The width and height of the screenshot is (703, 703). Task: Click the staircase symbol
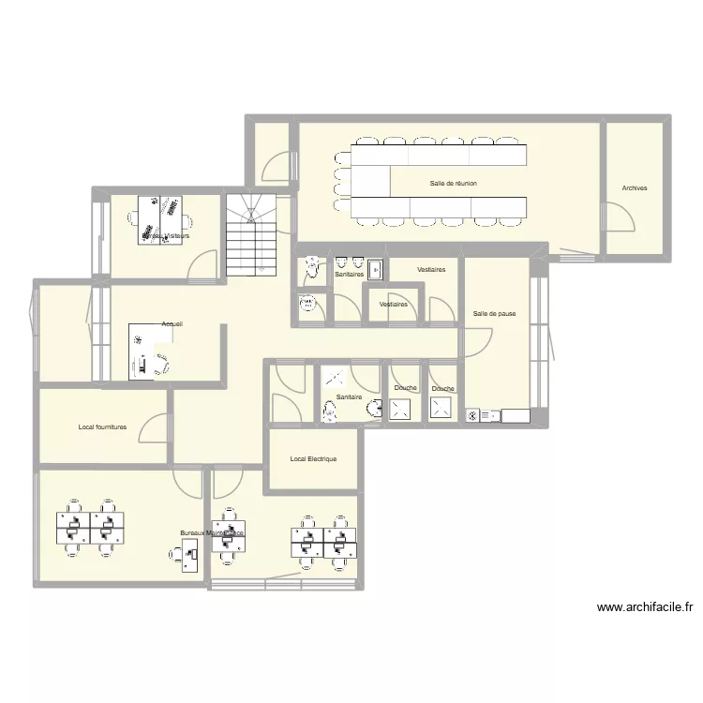252,235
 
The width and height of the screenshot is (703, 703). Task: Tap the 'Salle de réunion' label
454,184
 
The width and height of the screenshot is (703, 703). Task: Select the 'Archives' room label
635,188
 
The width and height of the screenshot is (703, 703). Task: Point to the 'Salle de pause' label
494,314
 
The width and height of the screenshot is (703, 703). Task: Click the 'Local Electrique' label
313,459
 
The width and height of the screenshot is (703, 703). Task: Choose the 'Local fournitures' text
102,427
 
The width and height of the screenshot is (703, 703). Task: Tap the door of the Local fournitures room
150,428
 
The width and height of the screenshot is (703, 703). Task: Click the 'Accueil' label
172,324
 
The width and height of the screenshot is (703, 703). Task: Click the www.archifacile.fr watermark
644,607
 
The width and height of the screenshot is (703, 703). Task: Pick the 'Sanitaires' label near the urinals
350,275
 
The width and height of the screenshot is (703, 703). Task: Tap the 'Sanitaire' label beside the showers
349,397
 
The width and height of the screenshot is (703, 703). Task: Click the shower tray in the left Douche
401,409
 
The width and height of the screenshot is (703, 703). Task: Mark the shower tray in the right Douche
441,409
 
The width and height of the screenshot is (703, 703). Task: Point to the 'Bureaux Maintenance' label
212,532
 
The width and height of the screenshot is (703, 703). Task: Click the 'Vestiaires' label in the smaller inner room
393,305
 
